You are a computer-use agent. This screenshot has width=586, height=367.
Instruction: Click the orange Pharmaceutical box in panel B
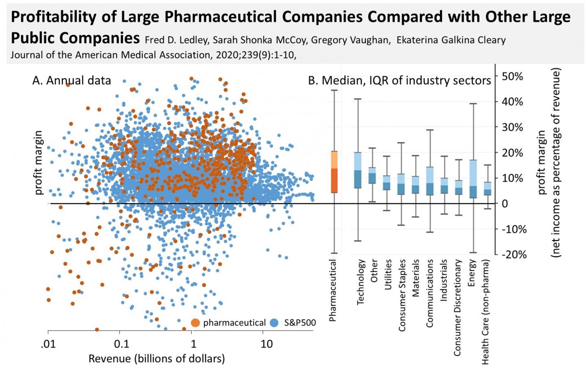(x=334, y=172)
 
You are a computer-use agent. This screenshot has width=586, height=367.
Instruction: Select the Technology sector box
(x=358, y=170)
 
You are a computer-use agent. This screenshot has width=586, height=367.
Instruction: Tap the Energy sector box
(x=473, y=179)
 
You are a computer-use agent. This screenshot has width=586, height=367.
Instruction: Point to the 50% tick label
(x=512, y=76)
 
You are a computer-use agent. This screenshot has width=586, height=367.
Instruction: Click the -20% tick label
(x=514, y=255)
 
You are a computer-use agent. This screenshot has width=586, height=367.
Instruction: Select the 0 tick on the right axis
(x=505, y=204)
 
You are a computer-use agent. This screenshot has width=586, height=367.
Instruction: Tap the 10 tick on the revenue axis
(x=266, y=344)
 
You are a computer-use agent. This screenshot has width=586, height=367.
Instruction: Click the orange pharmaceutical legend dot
(x=195, y=323)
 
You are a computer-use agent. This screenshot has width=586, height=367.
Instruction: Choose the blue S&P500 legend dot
(x=274, y=323)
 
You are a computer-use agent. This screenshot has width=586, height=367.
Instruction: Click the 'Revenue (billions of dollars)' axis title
(x=157, y=358)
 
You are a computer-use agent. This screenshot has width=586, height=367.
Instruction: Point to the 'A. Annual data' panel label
(x=72, y=81)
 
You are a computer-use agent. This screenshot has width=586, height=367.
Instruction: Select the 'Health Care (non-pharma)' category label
(x=485, y=312)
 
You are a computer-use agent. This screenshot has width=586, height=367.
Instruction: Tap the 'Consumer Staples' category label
(x=402, y=295)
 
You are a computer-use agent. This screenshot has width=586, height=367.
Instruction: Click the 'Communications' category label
(x=429, y=293)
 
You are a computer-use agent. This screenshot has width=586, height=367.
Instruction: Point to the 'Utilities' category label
(x=388, y=275)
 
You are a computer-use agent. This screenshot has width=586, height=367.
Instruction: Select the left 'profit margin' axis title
(x=38, y=163)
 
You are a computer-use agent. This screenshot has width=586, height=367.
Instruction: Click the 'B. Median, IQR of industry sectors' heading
(x=399, y=81)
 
